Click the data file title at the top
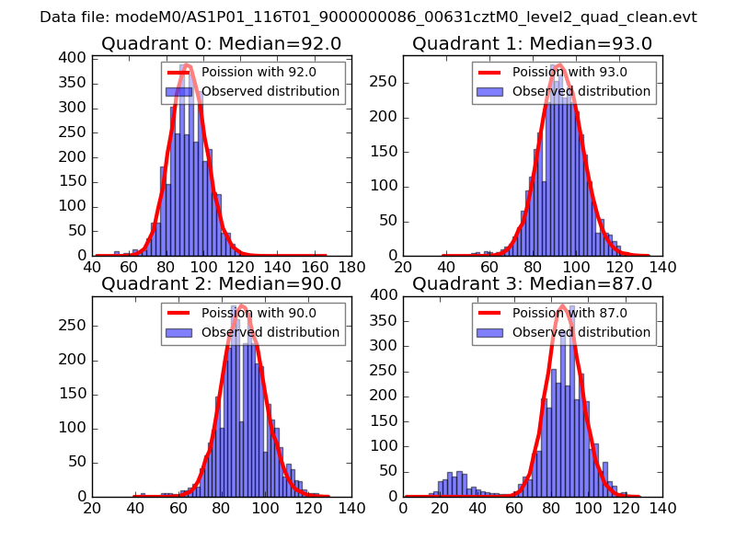[368, 17]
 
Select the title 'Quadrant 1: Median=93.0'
[532, 44]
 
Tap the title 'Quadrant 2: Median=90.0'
[221, 284]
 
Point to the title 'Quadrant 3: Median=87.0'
[532, 284]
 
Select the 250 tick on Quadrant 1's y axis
[386, 82]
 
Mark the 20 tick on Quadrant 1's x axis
[403, 268]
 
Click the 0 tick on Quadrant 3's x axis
[403, 509]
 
